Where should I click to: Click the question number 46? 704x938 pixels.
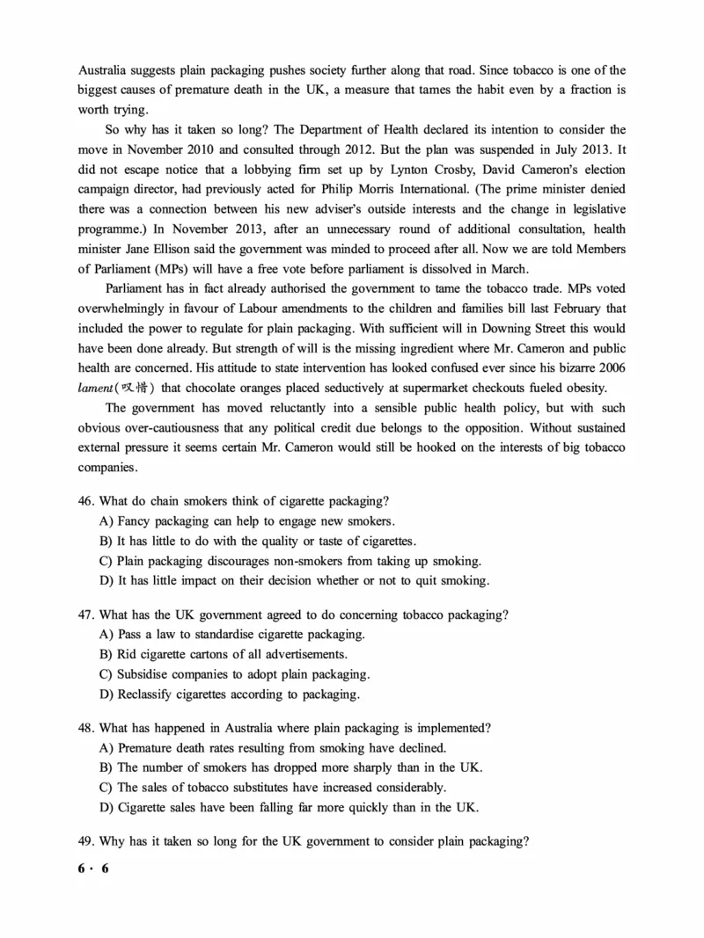(85, 501)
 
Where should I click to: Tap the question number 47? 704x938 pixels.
(85, 614)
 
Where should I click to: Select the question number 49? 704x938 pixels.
(85, 841)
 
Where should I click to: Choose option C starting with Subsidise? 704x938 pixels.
(234, 674)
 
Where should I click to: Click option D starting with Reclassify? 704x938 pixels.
(229, 694)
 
